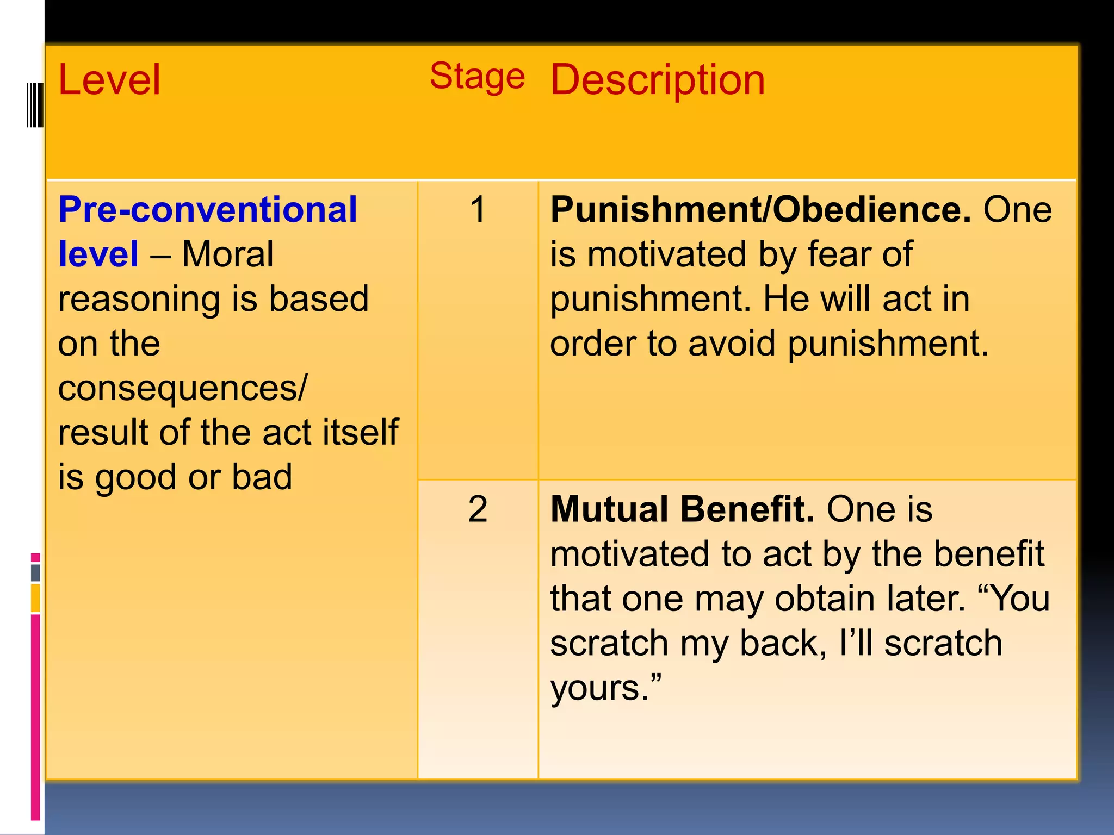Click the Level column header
click(x=109, y=80)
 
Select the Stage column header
click(x=477, y=76)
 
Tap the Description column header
click(x=658, y=80)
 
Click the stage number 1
click(x=478, y=209)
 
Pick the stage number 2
click(x=478, y=509)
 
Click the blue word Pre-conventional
click(x=207, y=209)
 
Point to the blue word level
click(x=98, y=254)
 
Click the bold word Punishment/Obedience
click(x=760, y=209)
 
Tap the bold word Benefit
click(x=747, y=509)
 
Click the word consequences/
click(x=183, y=389)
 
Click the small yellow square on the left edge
click(x=35, y=598)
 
